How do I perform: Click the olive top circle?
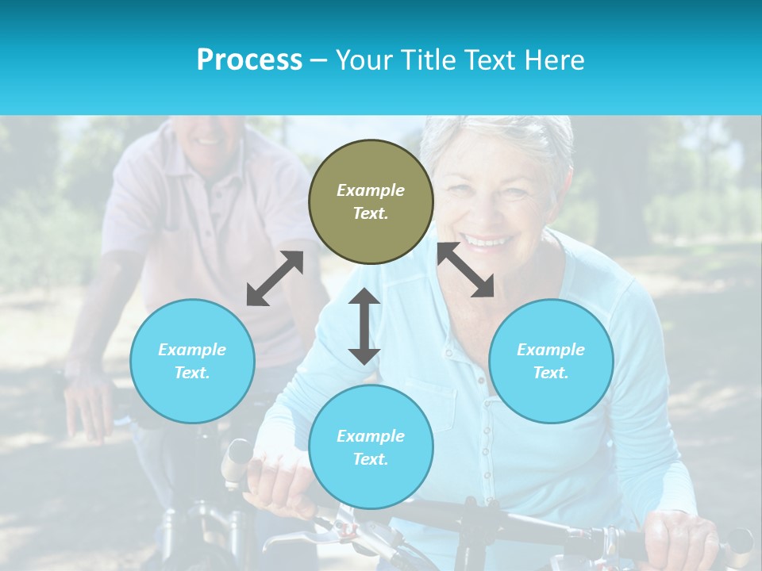[x=371, y=201]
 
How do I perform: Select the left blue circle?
[x=192, y=361]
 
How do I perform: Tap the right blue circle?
[x=551, y=361]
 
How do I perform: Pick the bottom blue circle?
[x=371, y=447]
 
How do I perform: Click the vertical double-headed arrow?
[x=364, y=326]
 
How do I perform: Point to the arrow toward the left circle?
[x=275, y=278]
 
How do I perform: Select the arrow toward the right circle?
[x=465, y=270]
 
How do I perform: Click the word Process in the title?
[x=249, y=59]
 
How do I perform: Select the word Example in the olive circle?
[x=371, y=190]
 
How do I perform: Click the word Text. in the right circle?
[x=551, y=373]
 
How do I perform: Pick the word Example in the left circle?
[x=192, y=350]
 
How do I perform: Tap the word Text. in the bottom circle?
[x=371, y=459]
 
